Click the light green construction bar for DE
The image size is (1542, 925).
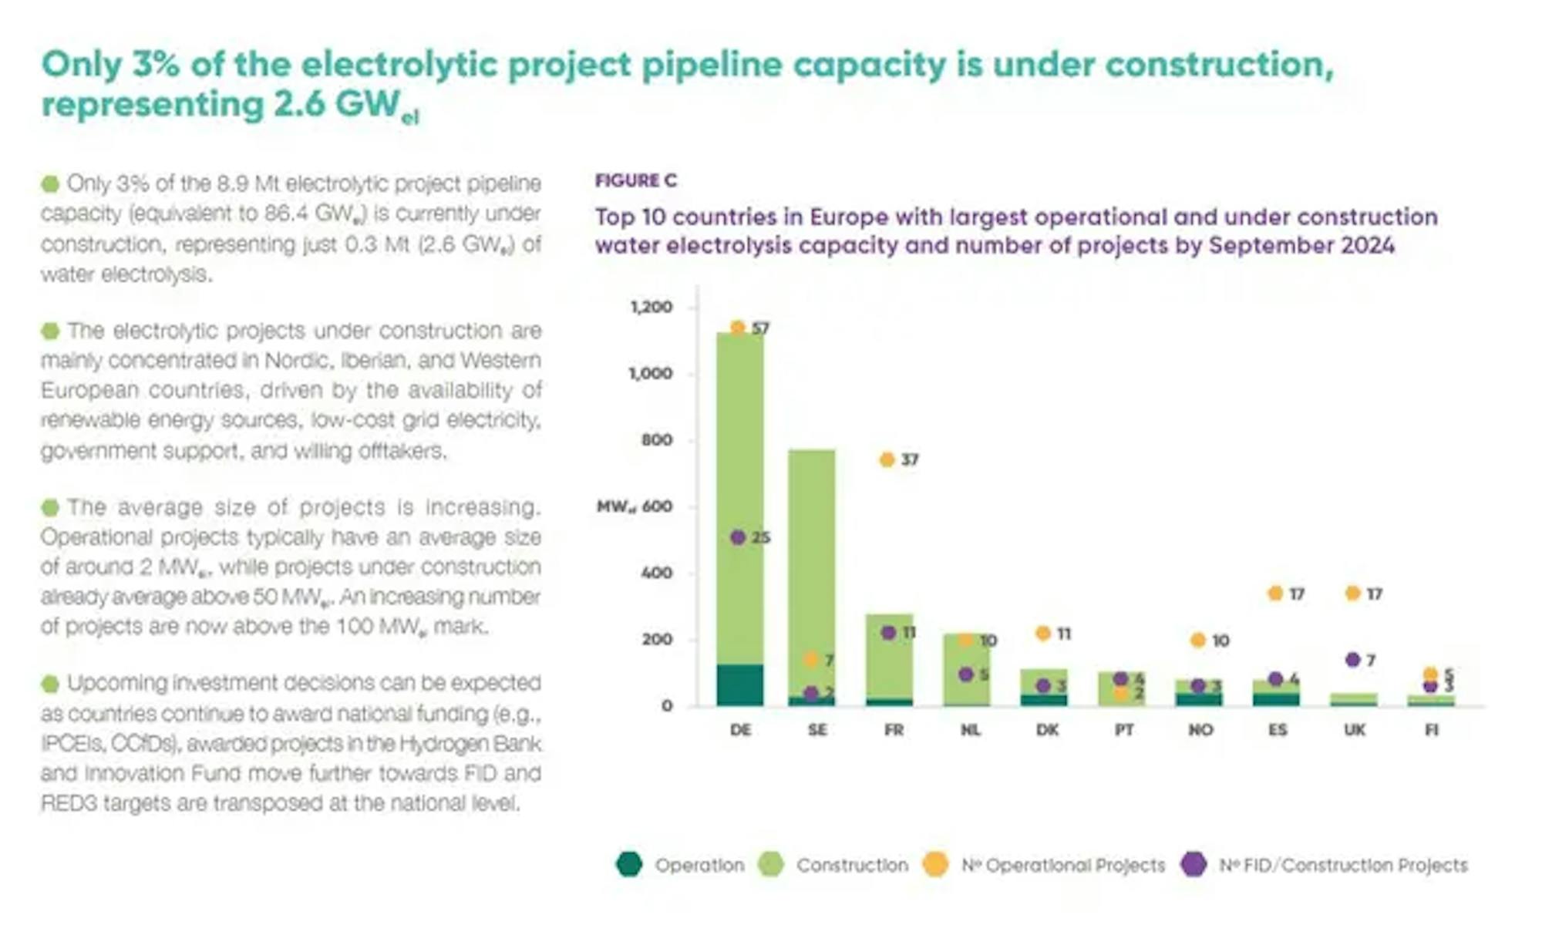point(740,493)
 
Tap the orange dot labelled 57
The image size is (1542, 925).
point(738,328)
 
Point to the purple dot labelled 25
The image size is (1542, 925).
point(738,537)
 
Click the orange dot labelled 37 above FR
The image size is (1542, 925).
point(887,459)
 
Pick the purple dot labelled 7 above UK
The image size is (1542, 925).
point(1352,660)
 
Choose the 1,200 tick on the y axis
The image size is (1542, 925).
point(651,307)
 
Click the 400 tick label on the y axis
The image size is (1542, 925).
point(657,573)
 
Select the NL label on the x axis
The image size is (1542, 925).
point(970,729)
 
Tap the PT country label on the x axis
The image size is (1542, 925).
point(1124,729)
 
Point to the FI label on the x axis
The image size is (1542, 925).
point(1431,729)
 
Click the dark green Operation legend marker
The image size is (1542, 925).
point(629,864)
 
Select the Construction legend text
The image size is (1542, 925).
point(852,865)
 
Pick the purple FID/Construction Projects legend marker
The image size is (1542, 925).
point(1194,864)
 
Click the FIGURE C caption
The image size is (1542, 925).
point(636,180)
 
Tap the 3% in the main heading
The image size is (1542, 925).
point(156,64)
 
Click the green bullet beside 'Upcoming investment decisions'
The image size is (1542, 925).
point(50,684)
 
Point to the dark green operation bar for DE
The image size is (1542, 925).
point(740,684)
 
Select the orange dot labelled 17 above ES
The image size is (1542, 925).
point(1275,593)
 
